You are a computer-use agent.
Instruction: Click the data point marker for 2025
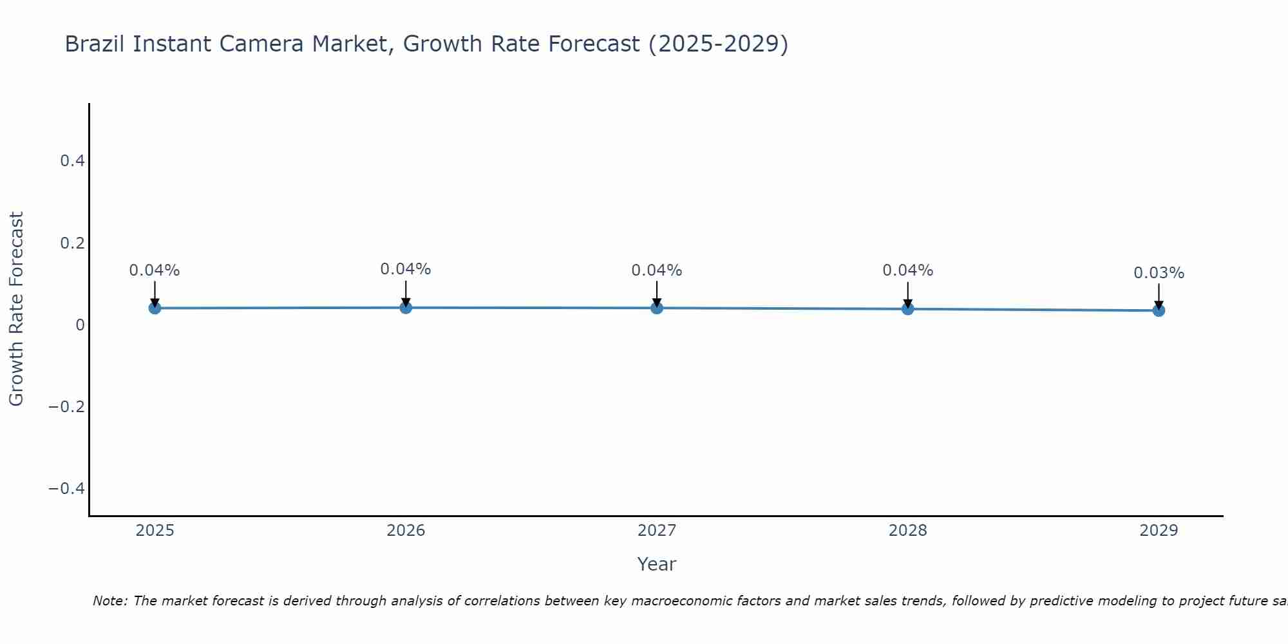tap(155, 308)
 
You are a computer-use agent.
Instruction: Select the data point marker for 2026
tap(406, 307)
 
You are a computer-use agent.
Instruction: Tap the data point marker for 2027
tap(657, 308)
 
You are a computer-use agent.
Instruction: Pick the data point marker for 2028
tap(907, 308)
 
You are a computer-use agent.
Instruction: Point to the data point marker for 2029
tap(1159, 310)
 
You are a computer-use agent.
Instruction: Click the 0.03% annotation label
tap(1159, 273)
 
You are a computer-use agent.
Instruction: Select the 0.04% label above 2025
tap(155, 270)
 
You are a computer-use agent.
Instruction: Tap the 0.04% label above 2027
tap(657, 270)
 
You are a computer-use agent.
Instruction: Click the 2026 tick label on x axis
tap(406, 531)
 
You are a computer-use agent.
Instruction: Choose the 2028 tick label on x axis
tap(907, 531)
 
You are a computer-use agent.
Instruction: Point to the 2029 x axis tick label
tap(1159, 531)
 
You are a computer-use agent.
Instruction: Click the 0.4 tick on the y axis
tap(72, 161)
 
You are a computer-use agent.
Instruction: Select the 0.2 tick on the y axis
tap(72, 243)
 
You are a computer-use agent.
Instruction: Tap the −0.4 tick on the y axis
tap(67, 489)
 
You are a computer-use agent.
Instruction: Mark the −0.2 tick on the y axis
tap(67, 407)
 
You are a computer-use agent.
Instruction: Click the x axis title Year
tap(656, 565)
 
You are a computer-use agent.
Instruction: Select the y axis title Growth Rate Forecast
tap(16, 309)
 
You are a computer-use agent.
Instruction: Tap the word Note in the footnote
tap(109, 601)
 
